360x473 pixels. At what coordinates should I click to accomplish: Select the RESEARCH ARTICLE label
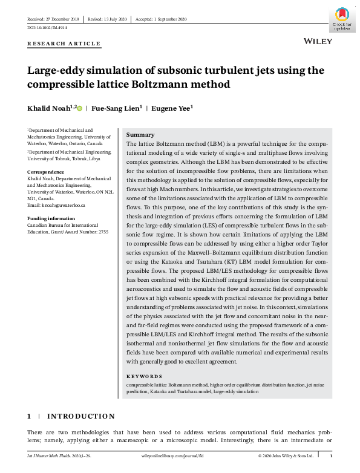coord(64,44)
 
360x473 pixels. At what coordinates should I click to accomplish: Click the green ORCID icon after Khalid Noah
coord(79,108)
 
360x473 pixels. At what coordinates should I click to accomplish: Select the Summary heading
coord(140,135)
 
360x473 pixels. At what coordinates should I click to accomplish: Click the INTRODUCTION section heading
coord(80,416)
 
